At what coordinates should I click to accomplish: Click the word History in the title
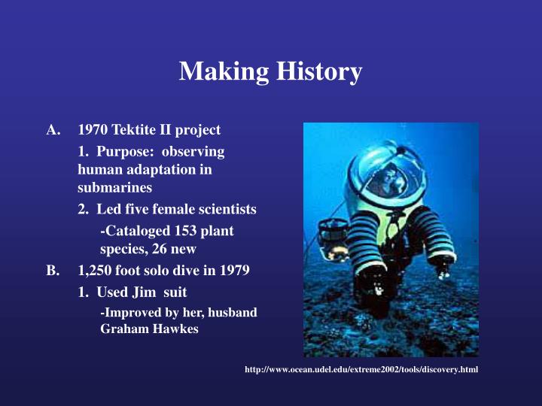coord(321,72)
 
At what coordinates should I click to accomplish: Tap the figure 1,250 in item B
coord(96,270)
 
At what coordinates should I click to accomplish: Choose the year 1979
coord(235,270)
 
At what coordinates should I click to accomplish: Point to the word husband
coord(236,312)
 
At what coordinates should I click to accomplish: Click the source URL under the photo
coord(361,370)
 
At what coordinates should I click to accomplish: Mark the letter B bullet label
coord(52,270)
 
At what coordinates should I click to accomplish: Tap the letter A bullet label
coord(53,129)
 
